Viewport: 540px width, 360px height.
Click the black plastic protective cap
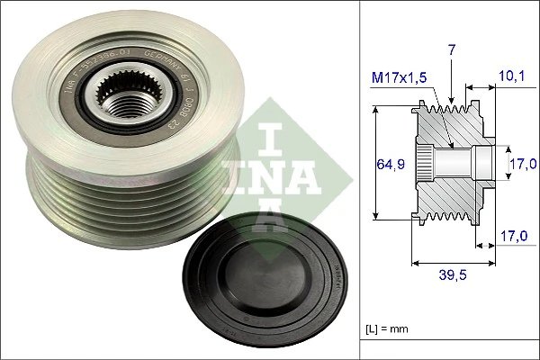coord(262,285)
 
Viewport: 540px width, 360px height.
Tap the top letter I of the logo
coord(276,136)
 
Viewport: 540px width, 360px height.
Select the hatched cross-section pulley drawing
coord(450,164)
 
